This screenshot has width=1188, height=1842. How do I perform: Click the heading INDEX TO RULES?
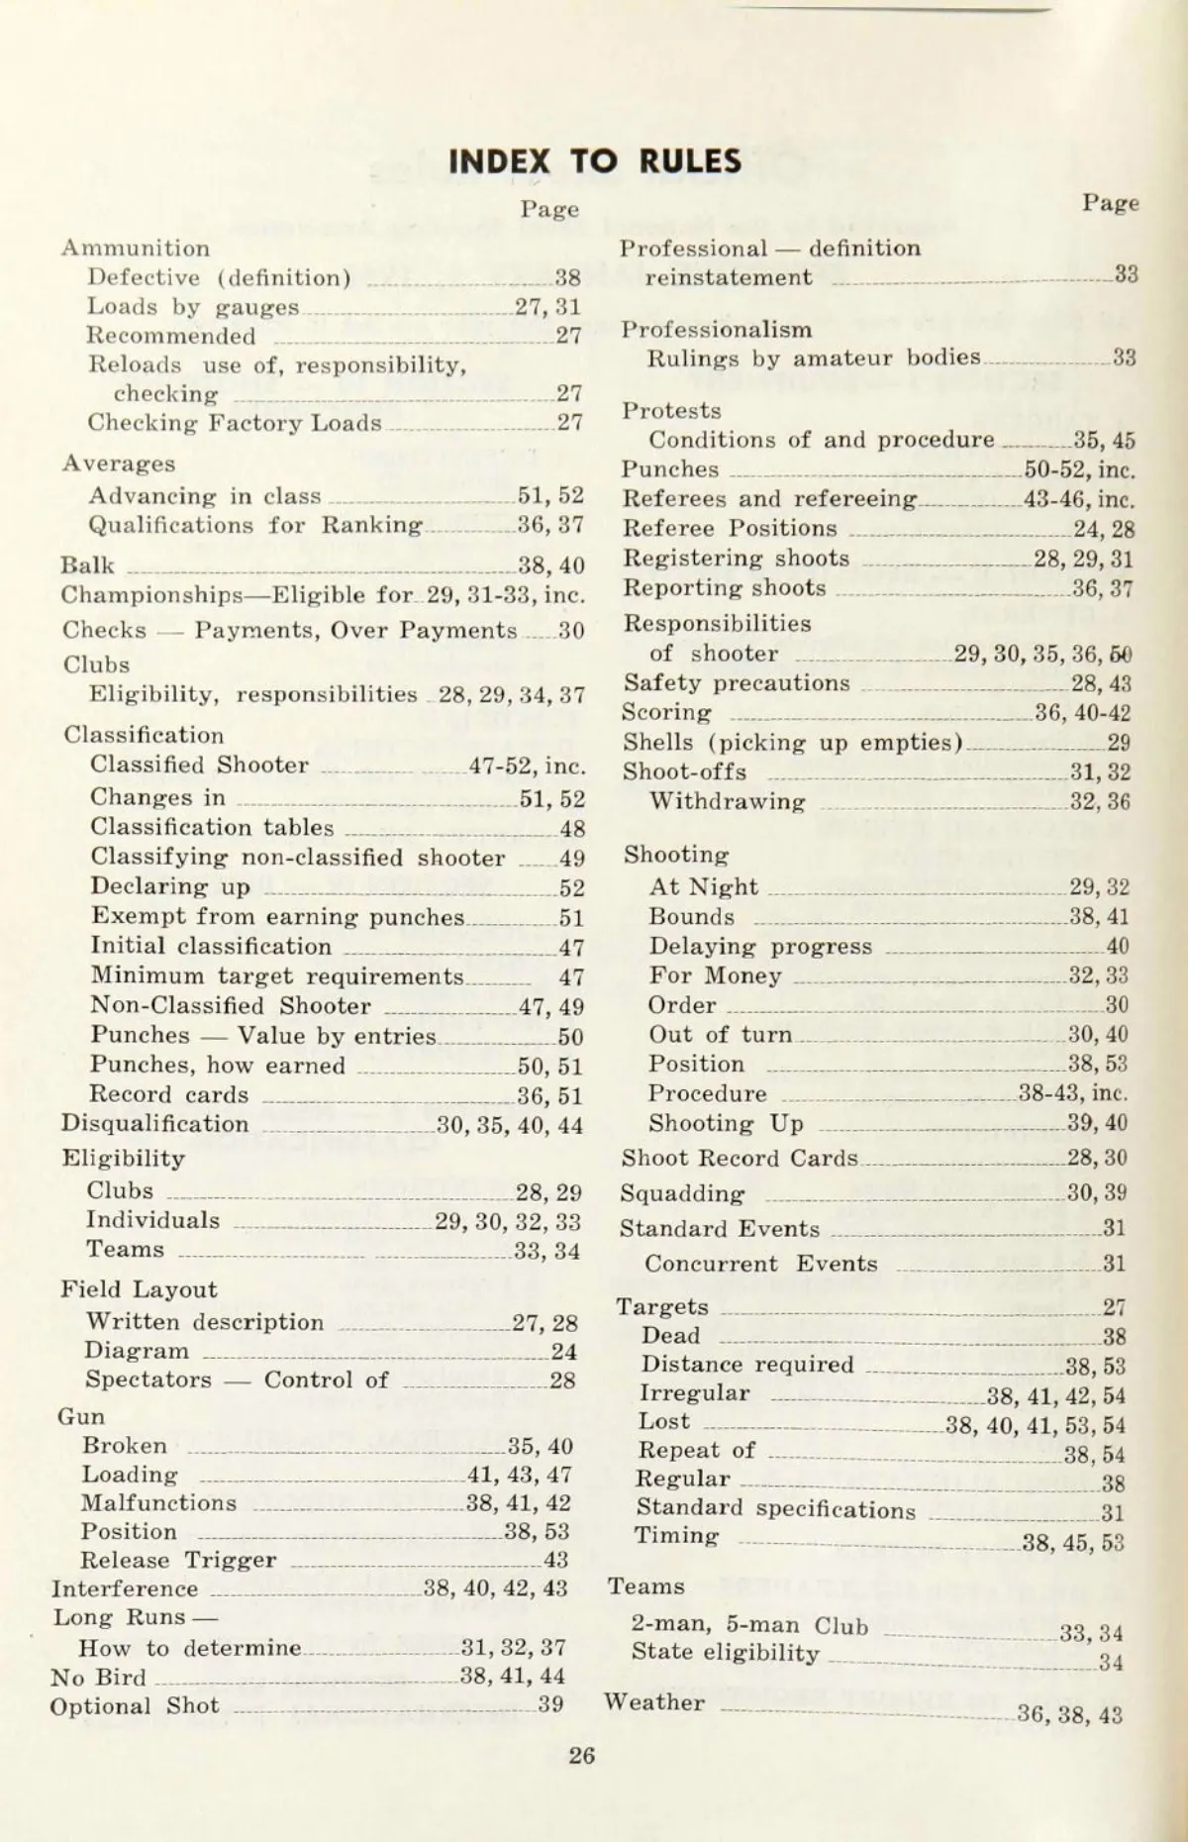594,161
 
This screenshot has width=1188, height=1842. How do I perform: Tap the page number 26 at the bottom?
582,1755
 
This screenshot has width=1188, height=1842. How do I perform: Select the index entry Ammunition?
136,249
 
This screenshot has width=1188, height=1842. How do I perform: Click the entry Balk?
87,565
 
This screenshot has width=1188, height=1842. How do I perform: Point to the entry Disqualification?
154,1124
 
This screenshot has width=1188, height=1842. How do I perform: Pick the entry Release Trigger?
178,1560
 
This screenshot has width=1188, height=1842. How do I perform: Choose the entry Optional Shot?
135,1705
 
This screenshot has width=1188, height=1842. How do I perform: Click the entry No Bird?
98,1677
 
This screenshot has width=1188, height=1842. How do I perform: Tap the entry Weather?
654,1702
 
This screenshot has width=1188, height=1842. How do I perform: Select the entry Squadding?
682,1193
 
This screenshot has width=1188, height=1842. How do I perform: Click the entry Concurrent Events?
760,1264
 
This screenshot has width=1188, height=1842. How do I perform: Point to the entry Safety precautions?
737,683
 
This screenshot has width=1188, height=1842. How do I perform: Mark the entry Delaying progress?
760,947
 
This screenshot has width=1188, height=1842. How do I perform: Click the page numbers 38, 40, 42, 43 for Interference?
495,1588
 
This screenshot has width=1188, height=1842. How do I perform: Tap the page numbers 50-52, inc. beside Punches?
1079,469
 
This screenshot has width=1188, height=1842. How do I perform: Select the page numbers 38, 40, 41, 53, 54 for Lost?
1035,1425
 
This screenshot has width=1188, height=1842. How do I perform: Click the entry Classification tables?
212,828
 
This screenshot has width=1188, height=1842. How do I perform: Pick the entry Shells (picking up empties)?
793,743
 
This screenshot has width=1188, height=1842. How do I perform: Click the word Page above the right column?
1110,203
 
